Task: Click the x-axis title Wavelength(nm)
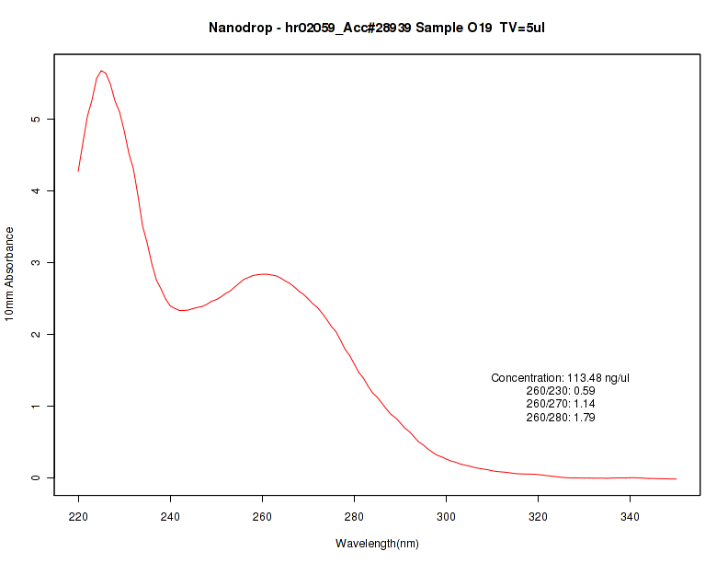377,544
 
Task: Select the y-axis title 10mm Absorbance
10,274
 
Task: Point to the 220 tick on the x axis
78,518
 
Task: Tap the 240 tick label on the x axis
170,518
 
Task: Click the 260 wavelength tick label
262,518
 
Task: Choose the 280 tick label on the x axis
354,518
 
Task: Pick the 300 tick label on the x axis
446,518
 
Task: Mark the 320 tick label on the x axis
538,518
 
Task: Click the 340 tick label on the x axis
630,518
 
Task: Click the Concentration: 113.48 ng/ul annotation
560,378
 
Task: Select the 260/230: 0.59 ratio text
560,391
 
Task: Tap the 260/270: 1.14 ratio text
560,404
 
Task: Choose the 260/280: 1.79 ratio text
560,418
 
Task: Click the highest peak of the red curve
102,70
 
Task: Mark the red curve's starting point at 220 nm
78,171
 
